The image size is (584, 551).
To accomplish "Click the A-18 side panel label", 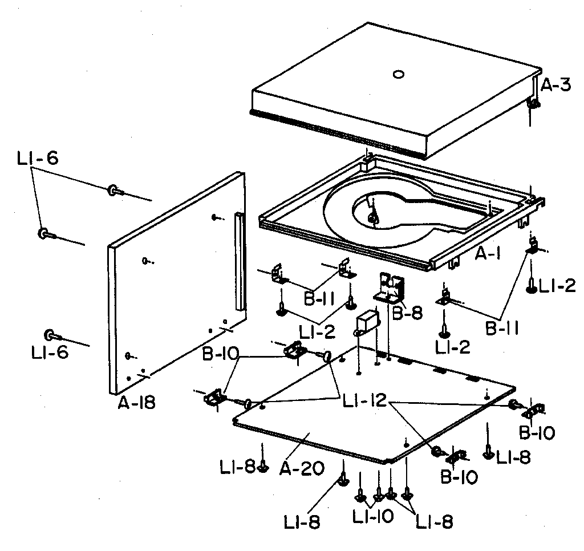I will [136, 403].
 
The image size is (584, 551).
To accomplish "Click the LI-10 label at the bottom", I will [372, 516].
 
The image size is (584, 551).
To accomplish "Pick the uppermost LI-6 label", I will [37, 159].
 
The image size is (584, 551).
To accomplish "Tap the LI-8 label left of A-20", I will [237, 467].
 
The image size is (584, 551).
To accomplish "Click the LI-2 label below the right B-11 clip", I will [452, 347].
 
